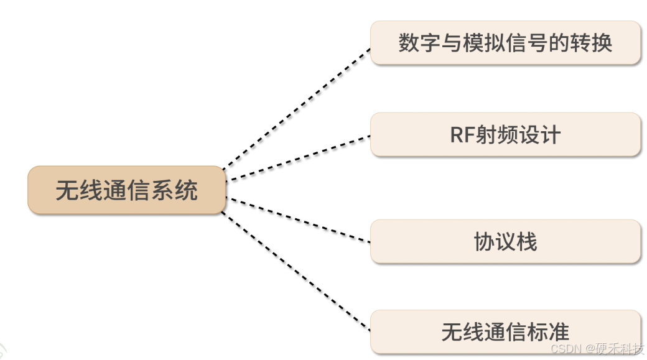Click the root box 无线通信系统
pyautogui.click(x=126, y=190)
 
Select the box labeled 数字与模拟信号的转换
pyautogui.click(x=505, y=43)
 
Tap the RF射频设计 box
pyautogui.click(x=505, y=134)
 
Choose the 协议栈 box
pyautogui.click(x=505, y=241)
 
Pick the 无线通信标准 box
pyautogui.click(x=505, y=332)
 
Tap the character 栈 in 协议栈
pyautogui.click(x=526, y=241)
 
